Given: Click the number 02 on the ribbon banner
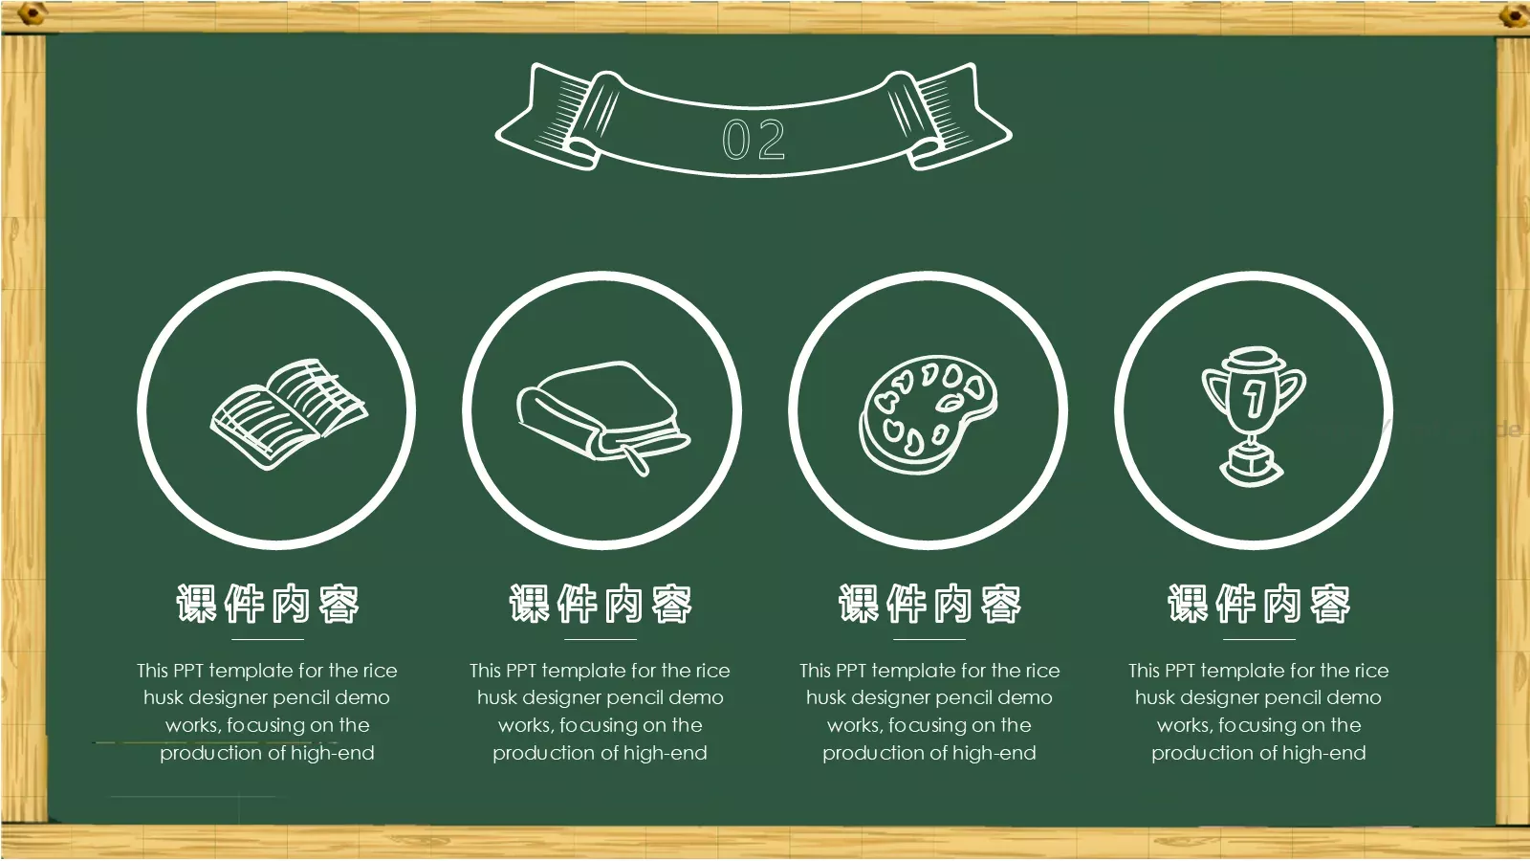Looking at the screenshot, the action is (754, 139).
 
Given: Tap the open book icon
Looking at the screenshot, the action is (289, 414).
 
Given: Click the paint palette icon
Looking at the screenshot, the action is (928, 413).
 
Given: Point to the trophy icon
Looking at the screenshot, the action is (1253, 416).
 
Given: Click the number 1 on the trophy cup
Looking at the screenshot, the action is (1254, 398).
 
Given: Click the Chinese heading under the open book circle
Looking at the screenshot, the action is (268, 604).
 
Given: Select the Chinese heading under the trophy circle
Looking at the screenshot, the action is (1258, 604).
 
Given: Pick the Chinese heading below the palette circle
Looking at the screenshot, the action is (929, 604).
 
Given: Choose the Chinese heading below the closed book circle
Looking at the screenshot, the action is (601, 604).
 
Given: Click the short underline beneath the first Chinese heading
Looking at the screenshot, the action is (268, 640).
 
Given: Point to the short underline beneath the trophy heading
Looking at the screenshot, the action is (1258, 640).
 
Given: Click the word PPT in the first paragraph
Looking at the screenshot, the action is (187, 671).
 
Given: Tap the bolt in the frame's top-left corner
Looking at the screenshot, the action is (30, 13).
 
